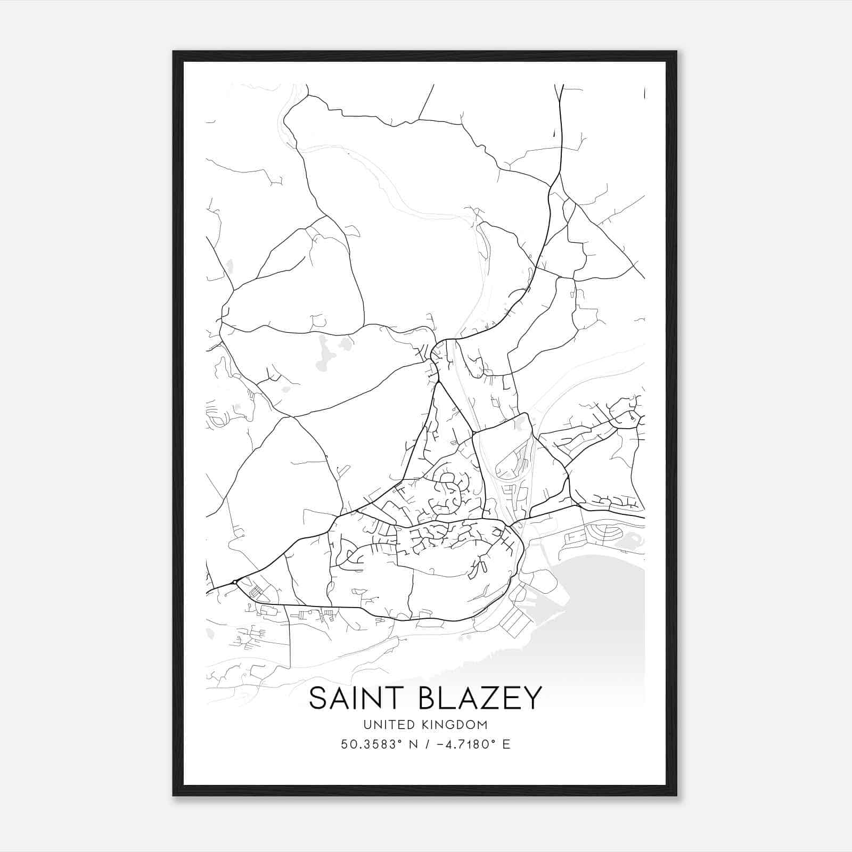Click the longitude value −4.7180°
(464, 744)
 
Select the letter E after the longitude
(506, 744)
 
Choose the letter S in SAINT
(317, 699)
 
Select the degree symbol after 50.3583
(399, 741)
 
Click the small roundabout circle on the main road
(235, 582)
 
